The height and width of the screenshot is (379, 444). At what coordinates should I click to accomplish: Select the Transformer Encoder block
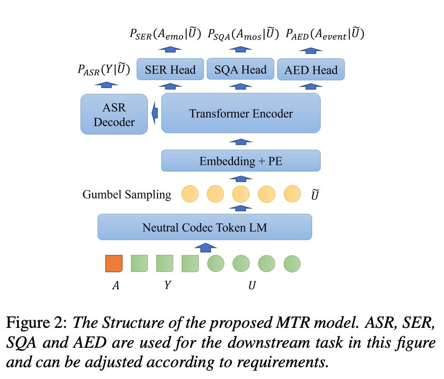241,113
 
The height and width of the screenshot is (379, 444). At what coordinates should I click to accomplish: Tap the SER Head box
170,70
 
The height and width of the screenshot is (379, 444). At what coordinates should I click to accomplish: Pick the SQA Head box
240,70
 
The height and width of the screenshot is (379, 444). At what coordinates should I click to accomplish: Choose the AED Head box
311,70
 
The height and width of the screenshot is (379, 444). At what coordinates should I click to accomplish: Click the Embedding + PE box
241,161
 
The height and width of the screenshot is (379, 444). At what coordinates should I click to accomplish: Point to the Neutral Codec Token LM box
204,227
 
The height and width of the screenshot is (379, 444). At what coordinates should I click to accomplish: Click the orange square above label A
114,263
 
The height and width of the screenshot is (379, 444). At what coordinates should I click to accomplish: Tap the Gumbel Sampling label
127,194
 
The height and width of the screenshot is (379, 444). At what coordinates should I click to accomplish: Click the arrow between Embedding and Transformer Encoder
241,141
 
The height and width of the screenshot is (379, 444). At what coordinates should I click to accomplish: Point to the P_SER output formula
165,34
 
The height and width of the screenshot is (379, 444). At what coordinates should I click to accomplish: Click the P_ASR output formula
104,70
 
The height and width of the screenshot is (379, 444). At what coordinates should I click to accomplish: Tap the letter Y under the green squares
167,286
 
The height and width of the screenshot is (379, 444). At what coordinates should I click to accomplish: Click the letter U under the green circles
252,286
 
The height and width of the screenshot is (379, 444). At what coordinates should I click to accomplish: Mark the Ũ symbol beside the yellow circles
314,194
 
